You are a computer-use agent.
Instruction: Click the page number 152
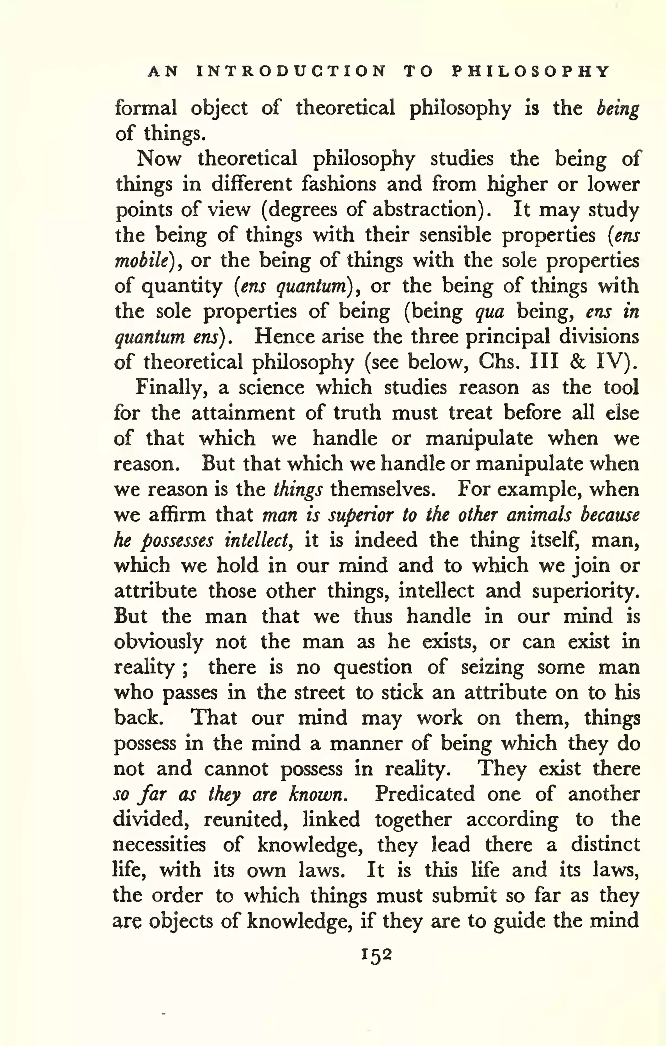[x=376, y=956]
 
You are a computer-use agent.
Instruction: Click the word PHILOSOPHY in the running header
[x=530, y=71]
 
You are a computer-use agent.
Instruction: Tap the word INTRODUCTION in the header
[x=291, y=71]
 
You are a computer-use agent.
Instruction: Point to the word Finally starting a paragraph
[x=171, y=387]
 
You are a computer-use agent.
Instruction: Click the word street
[x=319, y=692]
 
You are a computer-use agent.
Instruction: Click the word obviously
[x=158, y=642]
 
